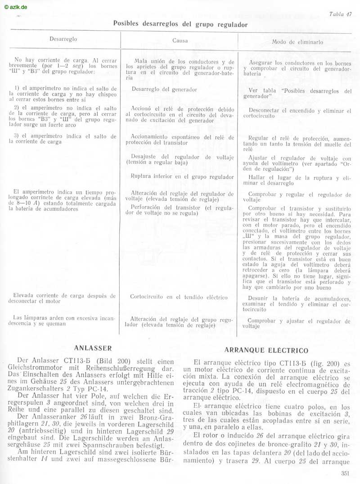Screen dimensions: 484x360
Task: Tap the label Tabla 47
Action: tap(340, 14)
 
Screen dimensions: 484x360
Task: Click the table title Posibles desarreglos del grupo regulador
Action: tap(180, 24)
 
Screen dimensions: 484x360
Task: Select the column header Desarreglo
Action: tap(63, 39)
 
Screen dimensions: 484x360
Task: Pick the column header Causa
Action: tap(180, 41)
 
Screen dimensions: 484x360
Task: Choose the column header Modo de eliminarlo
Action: tap(297, 41)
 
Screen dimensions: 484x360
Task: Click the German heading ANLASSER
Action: tap(92, 348)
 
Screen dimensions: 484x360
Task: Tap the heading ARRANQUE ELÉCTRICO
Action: tap(266, 350)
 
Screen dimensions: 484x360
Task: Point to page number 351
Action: tap(346, 473)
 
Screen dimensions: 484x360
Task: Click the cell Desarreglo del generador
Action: tap(164, 90)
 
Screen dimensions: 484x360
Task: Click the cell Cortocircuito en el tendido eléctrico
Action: tap(179, 297)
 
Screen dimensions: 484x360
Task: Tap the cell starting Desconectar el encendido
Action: tap(299, 113)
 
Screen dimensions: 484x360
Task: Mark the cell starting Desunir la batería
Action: tap(299, 304)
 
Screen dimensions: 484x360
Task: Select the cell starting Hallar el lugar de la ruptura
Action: tap(299, 180)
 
